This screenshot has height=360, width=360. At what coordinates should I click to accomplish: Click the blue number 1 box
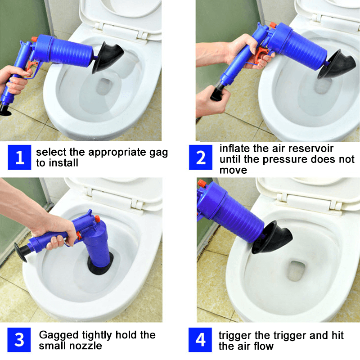20,157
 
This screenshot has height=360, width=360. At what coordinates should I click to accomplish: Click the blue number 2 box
201,157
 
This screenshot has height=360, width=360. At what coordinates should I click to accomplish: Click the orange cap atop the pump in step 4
202,184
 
